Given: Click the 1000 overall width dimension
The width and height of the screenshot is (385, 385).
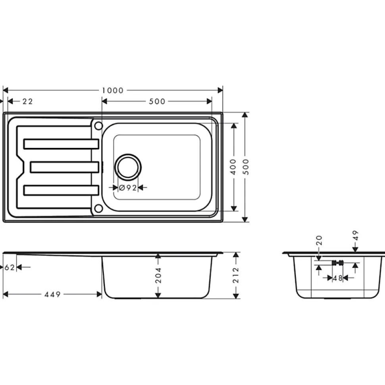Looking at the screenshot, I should (113, 90).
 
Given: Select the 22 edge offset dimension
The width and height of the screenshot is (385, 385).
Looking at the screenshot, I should (27, 102).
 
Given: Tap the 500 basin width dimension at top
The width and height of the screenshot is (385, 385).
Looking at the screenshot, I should (157, 102).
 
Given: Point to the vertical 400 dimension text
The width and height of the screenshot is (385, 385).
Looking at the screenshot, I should (233, 167).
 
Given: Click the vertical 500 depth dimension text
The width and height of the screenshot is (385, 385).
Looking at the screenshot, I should (246, 167).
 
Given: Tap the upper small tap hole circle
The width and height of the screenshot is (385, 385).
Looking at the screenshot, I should (98, 126).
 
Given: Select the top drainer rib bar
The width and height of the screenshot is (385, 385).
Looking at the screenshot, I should (61, 144).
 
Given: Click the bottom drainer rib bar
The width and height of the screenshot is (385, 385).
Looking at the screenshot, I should (61, 190).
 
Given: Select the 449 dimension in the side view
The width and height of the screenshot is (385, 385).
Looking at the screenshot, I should (52, 294).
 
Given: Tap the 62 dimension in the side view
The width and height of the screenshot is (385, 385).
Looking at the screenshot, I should (10, 268).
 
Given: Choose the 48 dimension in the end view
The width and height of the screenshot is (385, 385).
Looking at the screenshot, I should (337, 278).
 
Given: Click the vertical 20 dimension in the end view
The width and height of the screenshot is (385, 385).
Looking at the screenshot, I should (319, 241).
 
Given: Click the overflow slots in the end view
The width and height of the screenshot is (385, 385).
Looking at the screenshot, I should (337, 262).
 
